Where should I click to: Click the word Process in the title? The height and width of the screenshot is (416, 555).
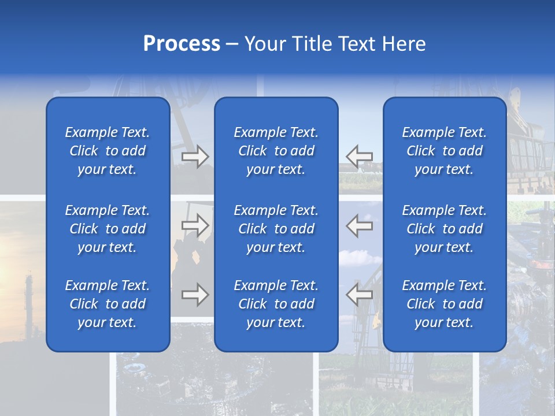point(182,44)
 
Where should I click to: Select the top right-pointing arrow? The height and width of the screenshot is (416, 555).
point(195,156)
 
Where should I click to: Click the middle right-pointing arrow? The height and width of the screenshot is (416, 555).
point(195,225)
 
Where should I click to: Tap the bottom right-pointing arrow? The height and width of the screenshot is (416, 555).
point(195,295)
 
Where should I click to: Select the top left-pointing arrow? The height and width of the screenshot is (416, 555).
point(360,156)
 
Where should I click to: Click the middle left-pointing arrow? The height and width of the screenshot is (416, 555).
point(360,225)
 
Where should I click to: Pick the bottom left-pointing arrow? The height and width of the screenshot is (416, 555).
point(360,295)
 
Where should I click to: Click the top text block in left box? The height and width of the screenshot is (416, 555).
point(108,151)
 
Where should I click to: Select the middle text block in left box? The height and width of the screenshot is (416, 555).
point(108,229)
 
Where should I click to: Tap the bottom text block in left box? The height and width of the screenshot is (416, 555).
point(108,304)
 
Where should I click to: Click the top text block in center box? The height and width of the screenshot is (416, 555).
point(276,151)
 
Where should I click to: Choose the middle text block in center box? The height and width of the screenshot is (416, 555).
point(276,229)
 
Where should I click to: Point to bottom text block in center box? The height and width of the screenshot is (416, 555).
point(276,304)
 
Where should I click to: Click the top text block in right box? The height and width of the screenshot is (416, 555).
point(445,151)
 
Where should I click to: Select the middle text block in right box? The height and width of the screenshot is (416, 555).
point(445,229)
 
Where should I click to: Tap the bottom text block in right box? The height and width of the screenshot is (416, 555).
point(445,304)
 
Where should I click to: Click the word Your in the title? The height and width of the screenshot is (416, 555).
point(265,44)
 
